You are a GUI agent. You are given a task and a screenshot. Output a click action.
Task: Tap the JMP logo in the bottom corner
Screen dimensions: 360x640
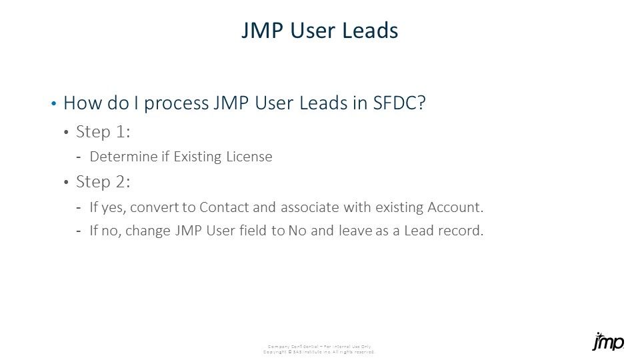tap(608, 341)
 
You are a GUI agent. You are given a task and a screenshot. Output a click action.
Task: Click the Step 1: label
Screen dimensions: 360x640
tap(103, 132)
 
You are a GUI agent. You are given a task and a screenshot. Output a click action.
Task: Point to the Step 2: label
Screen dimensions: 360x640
tap(103, 182)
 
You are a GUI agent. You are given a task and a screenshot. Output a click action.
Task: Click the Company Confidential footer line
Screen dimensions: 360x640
tap(319, 346)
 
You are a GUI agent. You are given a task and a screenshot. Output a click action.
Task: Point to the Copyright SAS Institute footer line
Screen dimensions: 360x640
tap(319, 351)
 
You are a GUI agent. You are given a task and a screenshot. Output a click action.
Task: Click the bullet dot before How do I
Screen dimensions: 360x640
tap(53, 104)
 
